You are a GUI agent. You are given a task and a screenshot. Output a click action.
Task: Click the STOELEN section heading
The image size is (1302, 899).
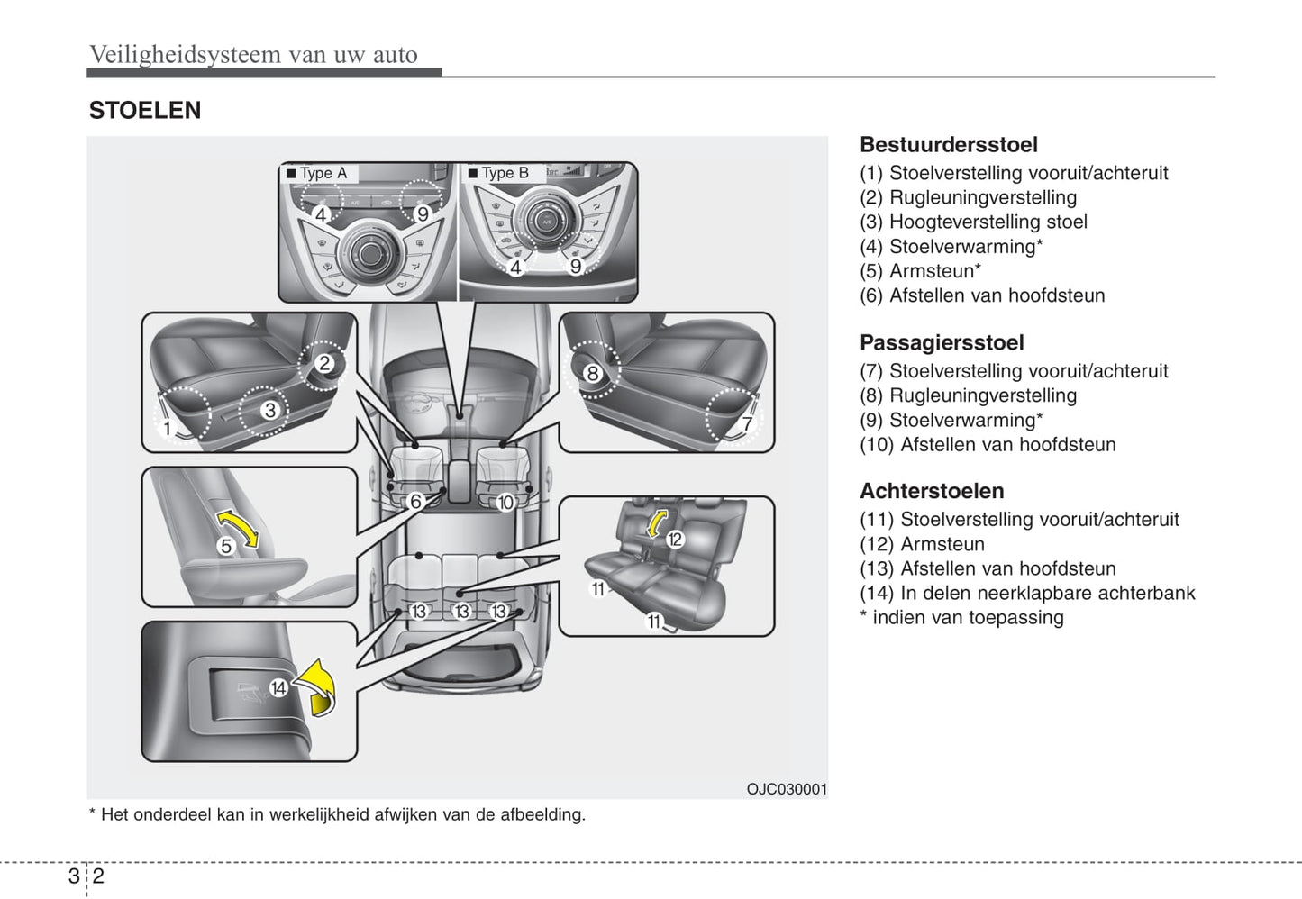coord(145,111)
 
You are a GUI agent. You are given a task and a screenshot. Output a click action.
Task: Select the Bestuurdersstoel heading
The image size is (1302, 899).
coord(948,145)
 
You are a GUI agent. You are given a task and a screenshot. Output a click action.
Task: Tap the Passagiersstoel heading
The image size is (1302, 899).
coord(942,343)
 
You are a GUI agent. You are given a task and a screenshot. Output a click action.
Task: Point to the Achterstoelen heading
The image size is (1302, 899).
coord(932,492)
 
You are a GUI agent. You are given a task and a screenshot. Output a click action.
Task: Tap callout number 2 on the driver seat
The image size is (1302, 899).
coord(324,364)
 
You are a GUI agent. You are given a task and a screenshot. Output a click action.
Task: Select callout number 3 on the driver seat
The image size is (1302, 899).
coord(269,411)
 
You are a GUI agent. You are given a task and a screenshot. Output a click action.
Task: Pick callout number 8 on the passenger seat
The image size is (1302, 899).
coord(592,373)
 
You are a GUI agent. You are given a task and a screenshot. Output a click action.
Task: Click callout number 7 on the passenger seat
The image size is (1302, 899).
coord(746,424)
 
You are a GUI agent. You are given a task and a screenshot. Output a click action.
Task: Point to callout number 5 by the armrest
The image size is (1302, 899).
coord(226,546)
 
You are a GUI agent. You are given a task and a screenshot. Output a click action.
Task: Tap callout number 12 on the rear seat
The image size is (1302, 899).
coord(675,540)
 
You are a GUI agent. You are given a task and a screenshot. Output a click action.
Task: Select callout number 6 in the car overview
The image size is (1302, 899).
coord(415,502)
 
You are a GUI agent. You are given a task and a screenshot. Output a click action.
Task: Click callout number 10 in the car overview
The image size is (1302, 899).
coord(505,503)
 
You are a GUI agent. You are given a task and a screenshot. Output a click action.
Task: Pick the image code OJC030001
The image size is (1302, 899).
coord(786,789)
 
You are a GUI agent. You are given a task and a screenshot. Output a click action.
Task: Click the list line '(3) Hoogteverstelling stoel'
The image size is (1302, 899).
coord(973,222)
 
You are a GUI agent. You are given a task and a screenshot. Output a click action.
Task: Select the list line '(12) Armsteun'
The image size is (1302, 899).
coord(922,544)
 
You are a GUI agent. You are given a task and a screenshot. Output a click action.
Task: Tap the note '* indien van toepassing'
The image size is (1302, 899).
coord(961,618)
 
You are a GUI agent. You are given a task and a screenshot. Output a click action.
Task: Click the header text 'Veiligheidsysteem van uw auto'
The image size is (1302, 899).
coord(253,55)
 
